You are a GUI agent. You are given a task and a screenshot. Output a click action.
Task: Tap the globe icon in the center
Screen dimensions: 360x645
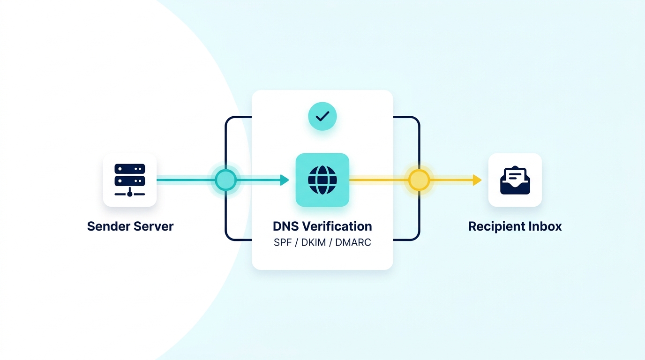point(322,180)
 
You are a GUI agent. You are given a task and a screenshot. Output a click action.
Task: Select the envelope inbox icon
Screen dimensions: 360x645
point(515,180)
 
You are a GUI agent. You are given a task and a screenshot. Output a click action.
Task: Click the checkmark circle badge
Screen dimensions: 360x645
point(322,116)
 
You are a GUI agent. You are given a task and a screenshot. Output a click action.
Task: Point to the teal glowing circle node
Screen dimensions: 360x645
point(225,180)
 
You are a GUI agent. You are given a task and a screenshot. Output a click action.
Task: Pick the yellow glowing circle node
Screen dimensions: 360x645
point(419,180)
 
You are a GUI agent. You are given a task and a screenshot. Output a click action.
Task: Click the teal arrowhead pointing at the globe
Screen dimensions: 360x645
point(285,180)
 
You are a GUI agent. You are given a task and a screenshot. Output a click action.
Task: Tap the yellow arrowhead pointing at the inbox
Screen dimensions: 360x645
point(477,180)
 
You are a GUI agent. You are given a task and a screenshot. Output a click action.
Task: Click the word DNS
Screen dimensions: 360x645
point(286,226)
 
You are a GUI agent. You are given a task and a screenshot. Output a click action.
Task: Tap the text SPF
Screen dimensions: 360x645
point(283,243)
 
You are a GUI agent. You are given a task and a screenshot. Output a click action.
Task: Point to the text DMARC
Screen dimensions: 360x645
point(353,243)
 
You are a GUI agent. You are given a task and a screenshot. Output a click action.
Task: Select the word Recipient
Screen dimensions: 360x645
point(496,226)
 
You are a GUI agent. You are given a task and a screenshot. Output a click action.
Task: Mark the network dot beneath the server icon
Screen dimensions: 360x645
point(130,194)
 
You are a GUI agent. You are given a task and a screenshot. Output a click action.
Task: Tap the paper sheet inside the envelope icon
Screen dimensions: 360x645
point(515,175)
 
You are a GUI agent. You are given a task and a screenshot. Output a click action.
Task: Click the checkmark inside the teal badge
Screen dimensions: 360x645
point(322,116)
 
